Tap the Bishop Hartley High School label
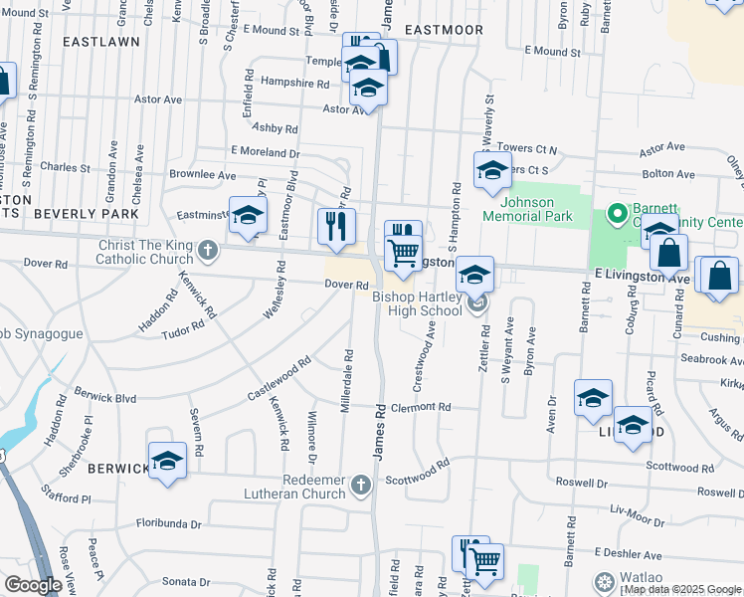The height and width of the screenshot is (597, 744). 417,303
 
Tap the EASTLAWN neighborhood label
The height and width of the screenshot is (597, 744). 100,42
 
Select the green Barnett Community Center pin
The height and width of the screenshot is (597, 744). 616,213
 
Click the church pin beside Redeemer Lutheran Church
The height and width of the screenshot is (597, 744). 360,485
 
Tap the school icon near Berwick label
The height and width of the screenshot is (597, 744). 167,461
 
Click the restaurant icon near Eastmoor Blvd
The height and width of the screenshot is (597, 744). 336,226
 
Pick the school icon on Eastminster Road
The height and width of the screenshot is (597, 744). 248,214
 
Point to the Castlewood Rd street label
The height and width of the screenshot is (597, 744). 279,380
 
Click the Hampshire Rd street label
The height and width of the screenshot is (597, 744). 294,84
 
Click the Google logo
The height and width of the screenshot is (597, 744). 33,585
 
